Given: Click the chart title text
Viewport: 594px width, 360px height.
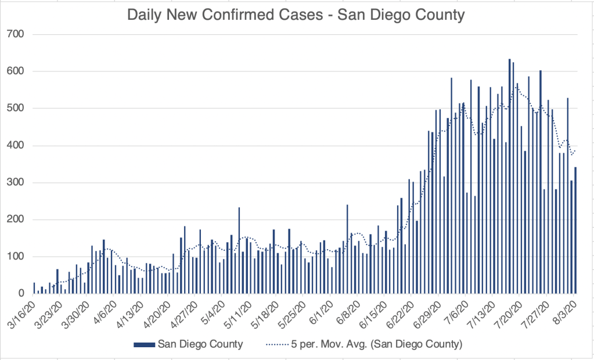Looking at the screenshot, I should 296,14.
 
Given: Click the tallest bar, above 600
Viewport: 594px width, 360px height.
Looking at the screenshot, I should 509,174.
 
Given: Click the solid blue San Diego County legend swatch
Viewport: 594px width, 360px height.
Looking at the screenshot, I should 144,344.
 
